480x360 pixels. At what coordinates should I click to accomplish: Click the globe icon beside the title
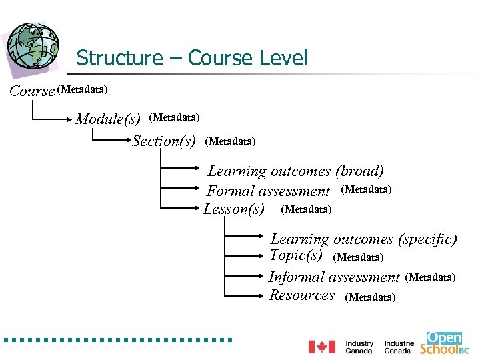click(33, 47)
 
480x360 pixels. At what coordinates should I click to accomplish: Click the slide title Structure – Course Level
click(192, 58)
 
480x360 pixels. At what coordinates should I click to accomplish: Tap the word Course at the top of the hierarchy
click(32, 91)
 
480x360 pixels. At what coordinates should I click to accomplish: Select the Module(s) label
click(108, 119)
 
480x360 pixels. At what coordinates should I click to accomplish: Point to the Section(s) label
click(164, 141)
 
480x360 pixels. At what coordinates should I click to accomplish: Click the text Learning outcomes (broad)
click(296, 171)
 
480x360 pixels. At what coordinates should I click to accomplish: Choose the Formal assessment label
click(268, 191)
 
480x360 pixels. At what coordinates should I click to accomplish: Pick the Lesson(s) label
click(234, 209)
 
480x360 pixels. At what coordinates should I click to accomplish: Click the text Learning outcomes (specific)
click(363, 239)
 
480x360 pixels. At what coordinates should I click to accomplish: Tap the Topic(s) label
click(296, 256)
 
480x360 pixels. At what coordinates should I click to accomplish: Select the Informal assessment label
click(334, 277)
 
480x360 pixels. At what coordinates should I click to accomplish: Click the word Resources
click(302, 295)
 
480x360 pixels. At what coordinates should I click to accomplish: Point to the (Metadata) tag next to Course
click(83, 89)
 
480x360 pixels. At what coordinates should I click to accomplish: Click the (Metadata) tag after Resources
click(370, 297)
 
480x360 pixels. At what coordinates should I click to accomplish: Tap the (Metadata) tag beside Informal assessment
click(430, 277)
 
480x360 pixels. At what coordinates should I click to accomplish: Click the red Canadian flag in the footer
click(321, 347)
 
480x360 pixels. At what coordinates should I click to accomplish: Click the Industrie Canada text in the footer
click(399, 347)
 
